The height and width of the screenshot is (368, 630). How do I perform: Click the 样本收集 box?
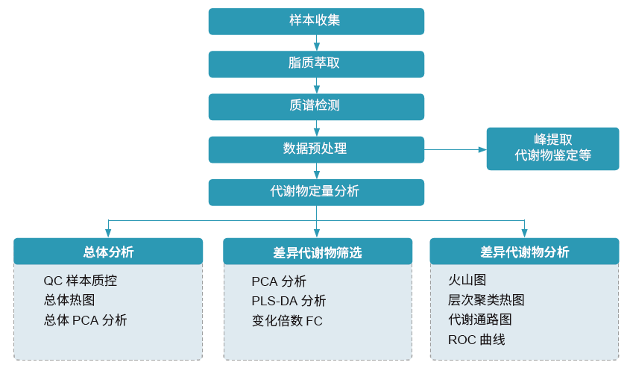pos(316,21)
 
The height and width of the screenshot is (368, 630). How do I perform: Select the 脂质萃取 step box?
pos(316,63)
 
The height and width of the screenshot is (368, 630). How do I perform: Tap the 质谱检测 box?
pos(316,106)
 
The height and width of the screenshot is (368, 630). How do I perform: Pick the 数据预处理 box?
pos(316,149)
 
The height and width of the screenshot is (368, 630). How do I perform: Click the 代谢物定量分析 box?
pos(316,192)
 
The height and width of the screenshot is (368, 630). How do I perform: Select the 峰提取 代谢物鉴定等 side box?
pos(552,149)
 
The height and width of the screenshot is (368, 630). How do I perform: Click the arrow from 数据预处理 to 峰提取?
pos(455,149)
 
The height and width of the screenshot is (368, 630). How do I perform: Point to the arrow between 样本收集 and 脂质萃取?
pos(317,43)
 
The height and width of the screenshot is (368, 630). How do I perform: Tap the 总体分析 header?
pos(108,252)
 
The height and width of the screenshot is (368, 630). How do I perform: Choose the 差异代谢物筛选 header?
pos(317,252)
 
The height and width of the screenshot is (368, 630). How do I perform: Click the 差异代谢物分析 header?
pos(524,252)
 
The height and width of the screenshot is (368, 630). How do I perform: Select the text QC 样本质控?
pos(81,281)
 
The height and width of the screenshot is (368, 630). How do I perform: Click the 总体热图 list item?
pos(69,301)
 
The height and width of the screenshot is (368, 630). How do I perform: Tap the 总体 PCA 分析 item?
pos(85,320)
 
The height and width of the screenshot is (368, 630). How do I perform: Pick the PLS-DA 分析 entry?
pos(289,302)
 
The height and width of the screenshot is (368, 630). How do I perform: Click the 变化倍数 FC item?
pos(287,321)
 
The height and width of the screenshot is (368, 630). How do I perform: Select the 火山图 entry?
pos(467,281)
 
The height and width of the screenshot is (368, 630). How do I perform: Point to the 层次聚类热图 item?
pos(486,300)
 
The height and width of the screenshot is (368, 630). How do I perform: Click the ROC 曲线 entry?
pos(476,340)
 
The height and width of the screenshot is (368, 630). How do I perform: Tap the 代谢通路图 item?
pos(479,319)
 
